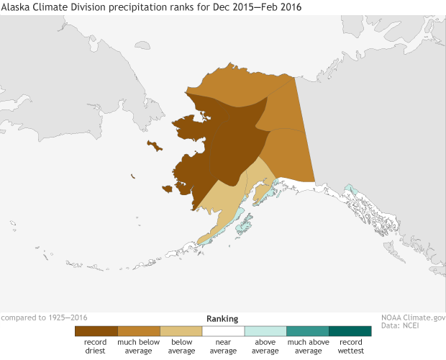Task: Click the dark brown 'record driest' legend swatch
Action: tap(96, 331)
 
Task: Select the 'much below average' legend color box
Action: tap(138, 331)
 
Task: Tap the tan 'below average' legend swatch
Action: tap(181, 331)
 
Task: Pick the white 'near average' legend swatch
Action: tap(223, 331)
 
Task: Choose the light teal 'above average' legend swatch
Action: tap(265, 331)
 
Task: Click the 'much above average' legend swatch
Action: tap(308, 331)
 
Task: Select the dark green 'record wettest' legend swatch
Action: tap(350, 331)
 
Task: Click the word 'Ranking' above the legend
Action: tap(222, 318)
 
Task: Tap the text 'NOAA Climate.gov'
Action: tap(412, 317)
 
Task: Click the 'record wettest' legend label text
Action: tap(350, 346)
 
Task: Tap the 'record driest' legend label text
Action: tap(96, 346)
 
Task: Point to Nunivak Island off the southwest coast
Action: tap(168, 189)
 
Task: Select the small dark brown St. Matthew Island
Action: tap(133, 176)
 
